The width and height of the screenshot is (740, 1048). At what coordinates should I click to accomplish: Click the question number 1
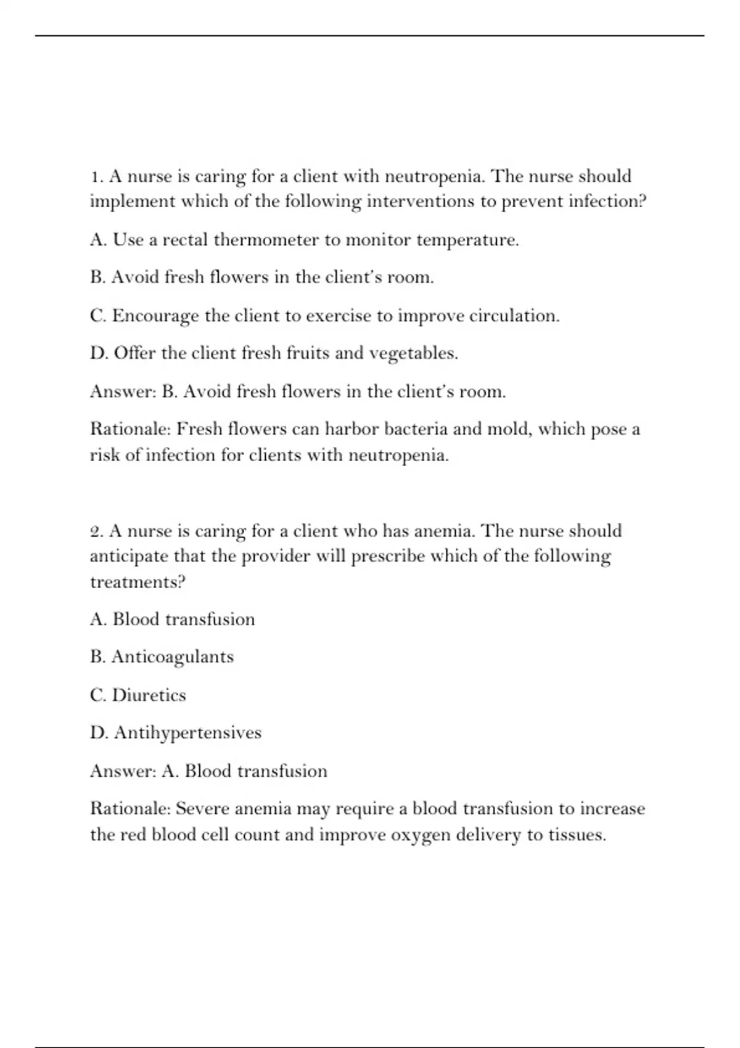pyautogui.click(x=96, y=177)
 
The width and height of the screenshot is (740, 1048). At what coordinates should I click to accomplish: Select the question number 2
pyautogui.click(x=96, y=531)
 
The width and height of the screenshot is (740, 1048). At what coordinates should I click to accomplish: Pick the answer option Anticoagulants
pyautogui.click(x=173, y=657)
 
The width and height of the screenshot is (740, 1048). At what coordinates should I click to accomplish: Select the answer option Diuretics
pyautogui.click(x=149, y=695)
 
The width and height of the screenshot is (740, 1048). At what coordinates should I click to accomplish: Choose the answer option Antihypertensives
pyautogui.click(x=187, y=734)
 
